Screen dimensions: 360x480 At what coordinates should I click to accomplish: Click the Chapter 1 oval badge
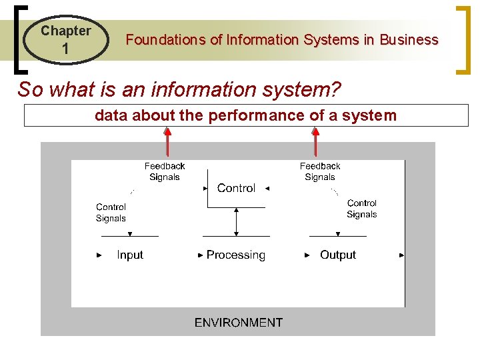point(65,40)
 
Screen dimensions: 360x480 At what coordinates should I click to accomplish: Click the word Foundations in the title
point(166,40)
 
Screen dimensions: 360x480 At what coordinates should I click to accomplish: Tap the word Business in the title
point(409,40)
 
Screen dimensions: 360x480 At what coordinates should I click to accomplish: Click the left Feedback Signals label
point(165,171)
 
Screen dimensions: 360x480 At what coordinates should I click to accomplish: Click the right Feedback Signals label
point(320,171)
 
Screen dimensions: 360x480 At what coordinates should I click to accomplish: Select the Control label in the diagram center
point(236,189)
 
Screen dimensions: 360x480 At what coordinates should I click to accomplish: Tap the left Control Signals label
point(111,213)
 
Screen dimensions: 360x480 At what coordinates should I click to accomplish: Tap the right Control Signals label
point(361,209)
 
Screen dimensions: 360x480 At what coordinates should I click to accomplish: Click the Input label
point(130,255)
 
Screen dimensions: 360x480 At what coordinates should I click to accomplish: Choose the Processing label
point(236,255)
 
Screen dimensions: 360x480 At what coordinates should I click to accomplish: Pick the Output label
point(338,255)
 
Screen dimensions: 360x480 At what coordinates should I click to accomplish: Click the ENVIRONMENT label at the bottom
point(238,323)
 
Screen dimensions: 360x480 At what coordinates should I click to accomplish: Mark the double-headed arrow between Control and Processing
point(236,221)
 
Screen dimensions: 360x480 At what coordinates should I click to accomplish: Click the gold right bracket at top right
point(462,40)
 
